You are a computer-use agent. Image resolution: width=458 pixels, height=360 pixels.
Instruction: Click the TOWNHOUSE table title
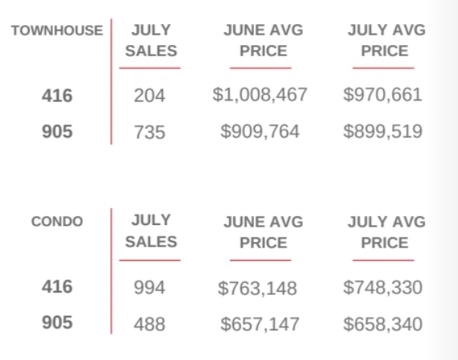[x=57, y=31]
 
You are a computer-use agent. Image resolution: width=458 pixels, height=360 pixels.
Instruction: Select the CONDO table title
[x=57, y=222]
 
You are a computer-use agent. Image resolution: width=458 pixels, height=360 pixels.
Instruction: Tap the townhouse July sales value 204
[x=149, y=96]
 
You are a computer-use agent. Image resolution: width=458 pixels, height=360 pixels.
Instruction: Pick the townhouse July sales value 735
[x=149, y=132]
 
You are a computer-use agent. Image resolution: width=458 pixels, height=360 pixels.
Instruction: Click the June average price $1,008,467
[x=260, y=95]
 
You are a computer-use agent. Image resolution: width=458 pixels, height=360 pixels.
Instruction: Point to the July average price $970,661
[x=382, y=95]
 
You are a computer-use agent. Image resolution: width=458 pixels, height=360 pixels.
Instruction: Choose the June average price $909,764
[x=260, y=131]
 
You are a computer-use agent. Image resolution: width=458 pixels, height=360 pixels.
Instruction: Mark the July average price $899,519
[x=382, y=131]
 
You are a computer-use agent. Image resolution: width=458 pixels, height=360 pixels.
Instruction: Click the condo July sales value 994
[x=149, y=288]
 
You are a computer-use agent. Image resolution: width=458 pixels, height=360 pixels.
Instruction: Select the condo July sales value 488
[x=149, y=324]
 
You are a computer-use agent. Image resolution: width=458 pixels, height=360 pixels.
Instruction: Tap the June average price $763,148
[x=257, y=288]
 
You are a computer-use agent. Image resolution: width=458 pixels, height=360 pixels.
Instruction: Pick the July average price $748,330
[x=382, y=287]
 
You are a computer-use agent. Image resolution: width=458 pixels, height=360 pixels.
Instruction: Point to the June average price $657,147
[x=260, y=324]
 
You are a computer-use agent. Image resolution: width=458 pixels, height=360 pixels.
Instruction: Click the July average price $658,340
[x=382, y=324]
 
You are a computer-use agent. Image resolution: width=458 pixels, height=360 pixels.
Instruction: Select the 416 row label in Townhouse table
[x=57, y=96]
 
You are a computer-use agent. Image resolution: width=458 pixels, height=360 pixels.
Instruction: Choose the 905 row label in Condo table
[x=57, y=322]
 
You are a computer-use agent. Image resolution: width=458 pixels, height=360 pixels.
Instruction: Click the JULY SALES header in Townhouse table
[x=151, y=41]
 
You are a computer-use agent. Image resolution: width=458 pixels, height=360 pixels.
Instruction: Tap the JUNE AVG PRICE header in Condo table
[x=264, y=232]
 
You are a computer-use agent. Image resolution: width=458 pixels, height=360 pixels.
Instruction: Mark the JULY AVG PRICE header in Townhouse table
[x=386, y=41]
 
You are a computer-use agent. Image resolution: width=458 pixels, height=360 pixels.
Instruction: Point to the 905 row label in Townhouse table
[x=57, y=131]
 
